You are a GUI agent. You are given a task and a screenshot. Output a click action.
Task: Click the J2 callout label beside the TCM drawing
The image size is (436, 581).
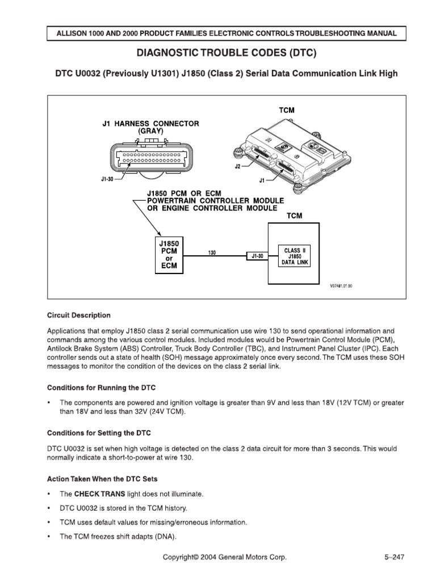tap(238, 167)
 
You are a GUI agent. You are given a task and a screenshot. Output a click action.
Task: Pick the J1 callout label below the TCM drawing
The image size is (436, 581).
tap(262, 182)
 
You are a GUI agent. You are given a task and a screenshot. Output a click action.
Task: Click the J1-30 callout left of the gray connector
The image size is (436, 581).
tap(99, 178)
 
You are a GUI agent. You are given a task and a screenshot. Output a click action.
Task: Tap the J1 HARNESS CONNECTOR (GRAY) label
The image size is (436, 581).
tap(150, 127)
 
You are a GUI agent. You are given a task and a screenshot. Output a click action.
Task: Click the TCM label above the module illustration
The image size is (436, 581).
tap(287, 110)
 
